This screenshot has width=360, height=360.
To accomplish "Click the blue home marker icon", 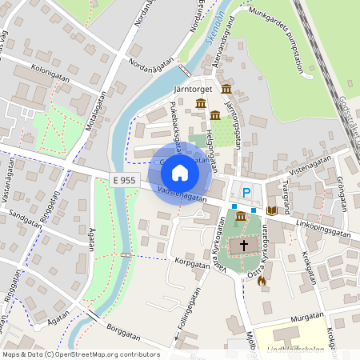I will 180,172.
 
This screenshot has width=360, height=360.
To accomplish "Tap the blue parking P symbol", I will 247,192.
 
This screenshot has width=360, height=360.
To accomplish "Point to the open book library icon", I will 272,210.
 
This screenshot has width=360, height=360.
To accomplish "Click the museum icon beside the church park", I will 240,217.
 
